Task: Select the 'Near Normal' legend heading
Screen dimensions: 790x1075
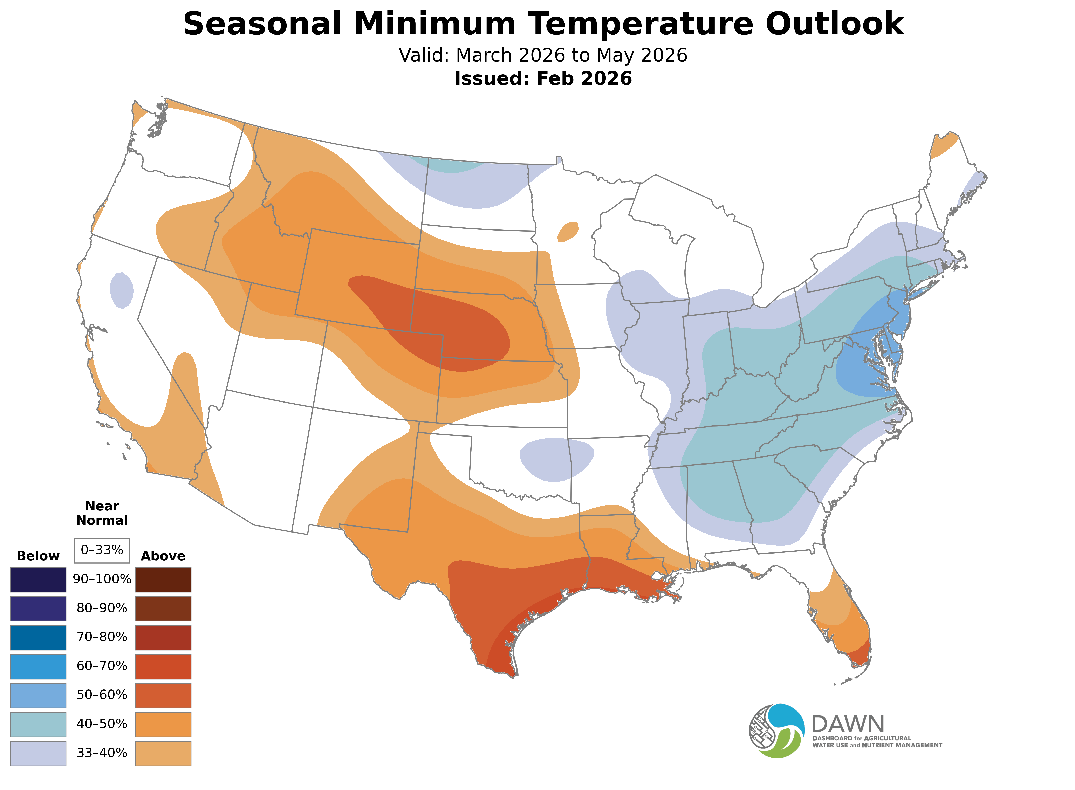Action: (x=102, y=513)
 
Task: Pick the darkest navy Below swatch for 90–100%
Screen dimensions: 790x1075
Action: (x=38, y=580)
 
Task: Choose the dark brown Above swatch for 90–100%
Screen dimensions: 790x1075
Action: (x=163, y=580)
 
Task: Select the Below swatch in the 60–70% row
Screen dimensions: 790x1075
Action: (x=38, y=666)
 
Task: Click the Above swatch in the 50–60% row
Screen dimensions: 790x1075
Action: (x=163, y=695)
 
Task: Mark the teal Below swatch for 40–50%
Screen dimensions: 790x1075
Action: (x=38, y=724)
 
